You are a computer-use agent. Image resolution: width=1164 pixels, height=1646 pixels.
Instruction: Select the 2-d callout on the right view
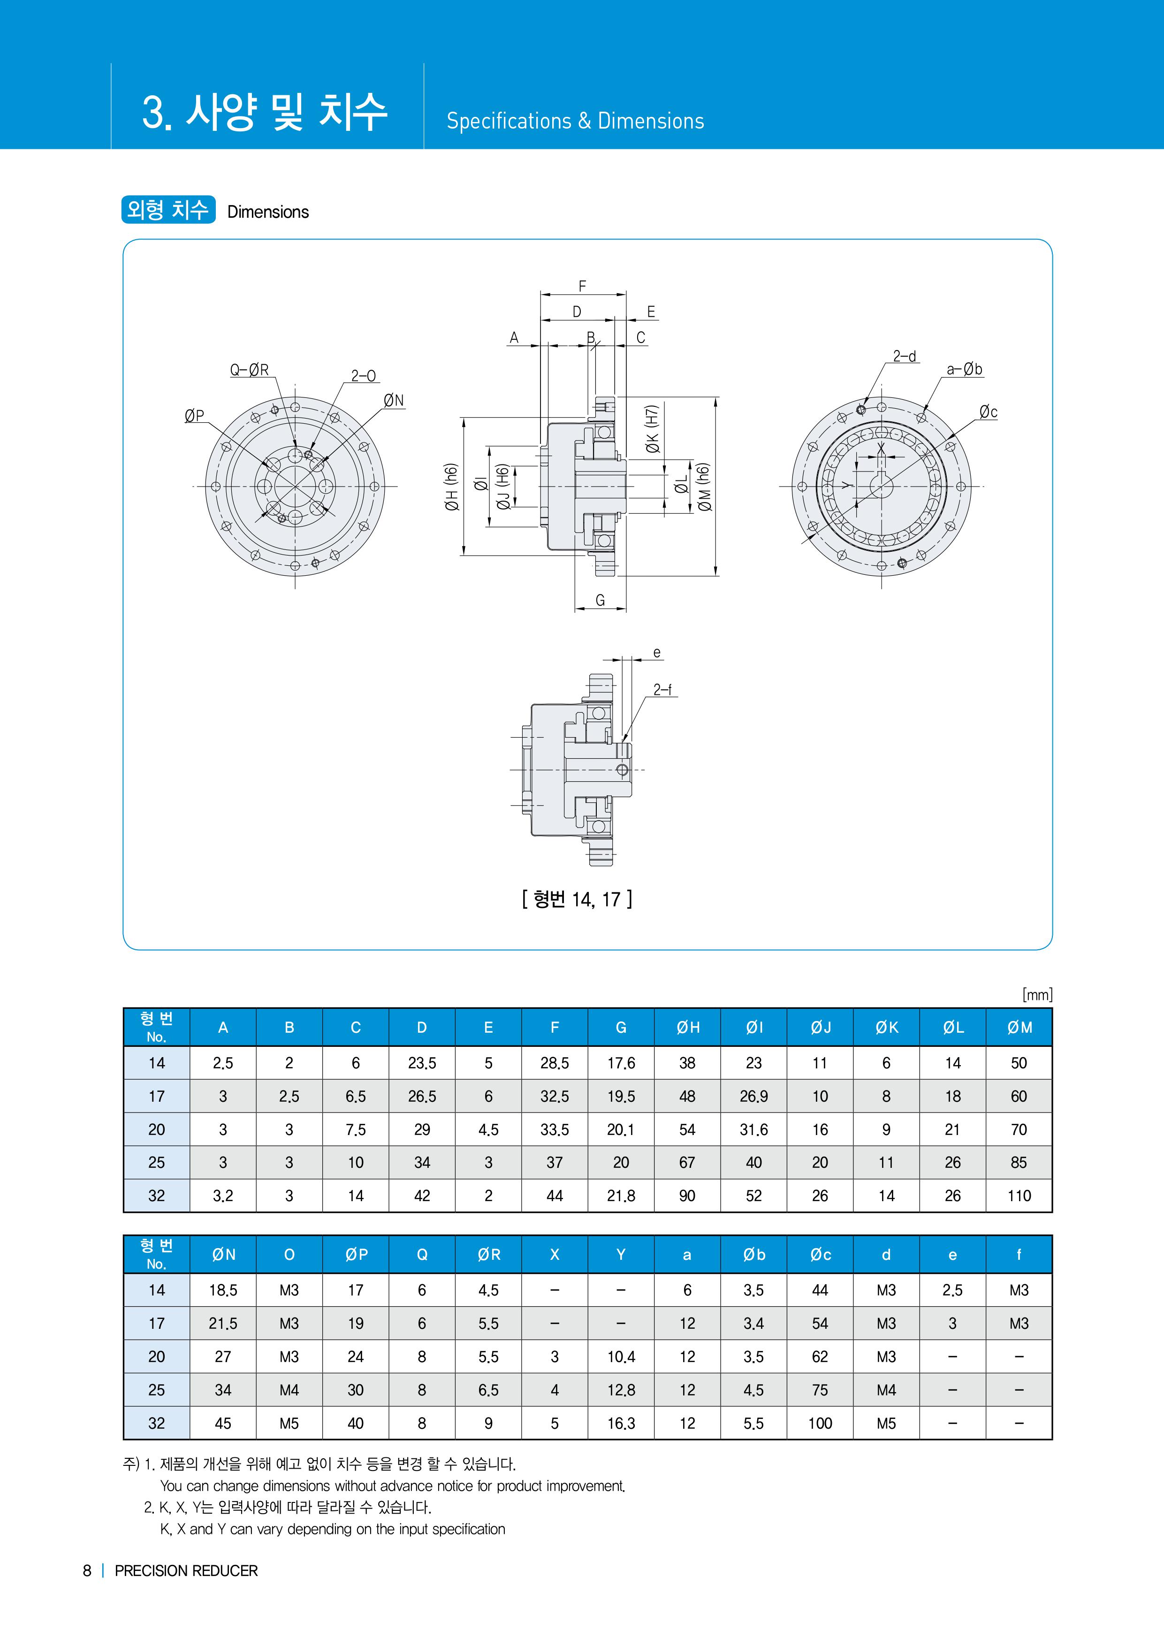pos(905,356)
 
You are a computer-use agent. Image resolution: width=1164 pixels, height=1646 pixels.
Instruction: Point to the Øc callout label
pos(989,412)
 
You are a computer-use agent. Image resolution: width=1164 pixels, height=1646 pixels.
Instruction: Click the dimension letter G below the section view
pos(601,600)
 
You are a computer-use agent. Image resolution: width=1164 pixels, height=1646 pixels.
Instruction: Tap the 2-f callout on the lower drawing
pos(662,690)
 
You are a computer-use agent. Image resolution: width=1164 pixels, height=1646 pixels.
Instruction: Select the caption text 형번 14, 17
pos(577,899)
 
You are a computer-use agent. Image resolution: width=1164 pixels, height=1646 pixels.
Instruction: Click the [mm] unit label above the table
pos(1037,994)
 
